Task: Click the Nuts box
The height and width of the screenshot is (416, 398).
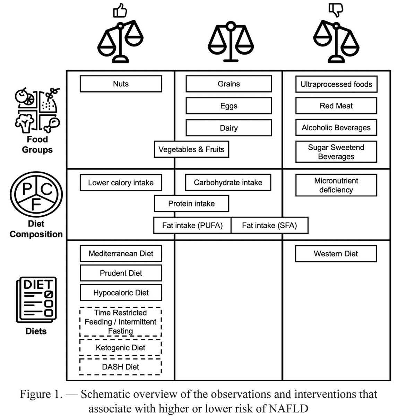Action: click(121, 84)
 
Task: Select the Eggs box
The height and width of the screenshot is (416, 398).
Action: click(228, 106)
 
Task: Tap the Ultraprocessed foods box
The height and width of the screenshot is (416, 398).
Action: click(336, 84)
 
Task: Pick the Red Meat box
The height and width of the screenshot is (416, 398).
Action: click(336, 106)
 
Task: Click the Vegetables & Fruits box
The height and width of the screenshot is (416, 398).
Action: click(191, 150)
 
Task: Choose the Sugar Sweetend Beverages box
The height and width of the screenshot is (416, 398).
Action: click(336, 152)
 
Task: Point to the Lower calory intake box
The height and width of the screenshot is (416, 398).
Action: click(121, 183)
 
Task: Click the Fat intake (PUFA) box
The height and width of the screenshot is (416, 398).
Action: click(192, 226)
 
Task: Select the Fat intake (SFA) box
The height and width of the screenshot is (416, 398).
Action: click(269, 226)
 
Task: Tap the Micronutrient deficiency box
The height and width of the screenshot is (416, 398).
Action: click(336, 185)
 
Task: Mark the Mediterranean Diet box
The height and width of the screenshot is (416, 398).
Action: click(121, 253)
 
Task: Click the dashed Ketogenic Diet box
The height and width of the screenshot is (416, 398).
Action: click(121, 348)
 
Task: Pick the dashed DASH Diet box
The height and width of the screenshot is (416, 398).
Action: click(121, 367)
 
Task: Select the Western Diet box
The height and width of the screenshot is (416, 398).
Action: click(336, 254)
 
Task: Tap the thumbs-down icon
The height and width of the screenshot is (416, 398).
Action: click(335, 10)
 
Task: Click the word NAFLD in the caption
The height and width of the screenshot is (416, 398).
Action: click(291, 408)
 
